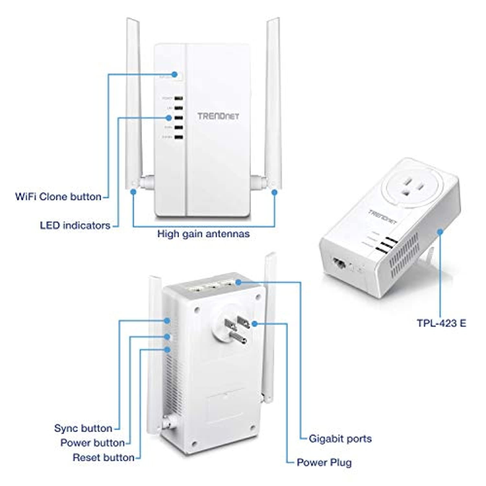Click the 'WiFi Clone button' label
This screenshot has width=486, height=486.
click(58, 197)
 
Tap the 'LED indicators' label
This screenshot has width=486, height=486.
click(75, 226)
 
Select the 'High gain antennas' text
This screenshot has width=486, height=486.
click(203, 234)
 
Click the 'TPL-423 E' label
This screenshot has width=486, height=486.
click(441, 323)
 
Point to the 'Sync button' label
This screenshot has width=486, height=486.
click(83, 428)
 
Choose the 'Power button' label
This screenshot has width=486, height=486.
click(93, 443)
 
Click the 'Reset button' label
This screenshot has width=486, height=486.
click(104, 458)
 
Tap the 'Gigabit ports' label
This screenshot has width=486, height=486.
click(340, 439)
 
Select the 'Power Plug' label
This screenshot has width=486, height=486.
click(324, 462)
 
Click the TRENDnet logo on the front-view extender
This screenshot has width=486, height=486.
click(218, 116)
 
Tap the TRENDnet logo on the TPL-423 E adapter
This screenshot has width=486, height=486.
click(383, 217)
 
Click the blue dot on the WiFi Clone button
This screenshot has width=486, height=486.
click(175, 74)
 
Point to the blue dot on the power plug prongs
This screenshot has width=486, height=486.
click(255, 323)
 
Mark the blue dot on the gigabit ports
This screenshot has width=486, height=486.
click(238, 282)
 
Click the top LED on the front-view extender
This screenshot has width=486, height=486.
click(178, 98)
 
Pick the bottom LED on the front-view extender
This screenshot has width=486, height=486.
click(178, 137)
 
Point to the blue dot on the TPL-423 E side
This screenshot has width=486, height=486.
click(440, 232)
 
